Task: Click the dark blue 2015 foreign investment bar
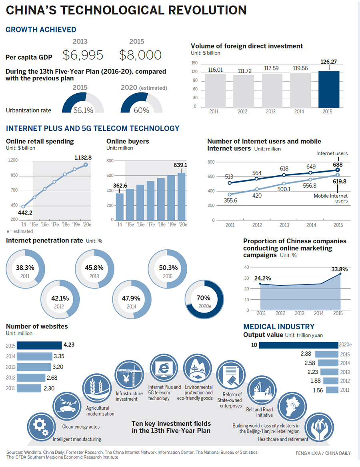[329, 89]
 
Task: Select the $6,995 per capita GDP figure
[83, 55]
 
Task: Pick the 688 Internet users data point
[337, 170]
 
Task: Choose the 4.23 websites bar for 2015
[34, 345]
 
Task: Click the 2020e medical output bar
[298, 345]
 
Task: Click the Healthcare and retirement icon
[318, 426]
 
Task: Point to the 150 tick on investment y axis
[195, 63]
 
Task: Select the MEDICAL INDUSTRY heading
[279, 327]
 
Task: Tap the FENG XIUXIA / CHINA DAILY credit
[321, 453]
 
